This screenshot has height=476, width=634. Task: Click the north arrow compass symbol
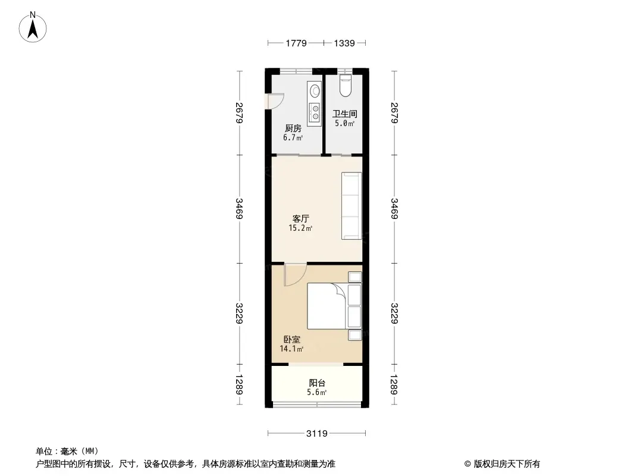[33, 27]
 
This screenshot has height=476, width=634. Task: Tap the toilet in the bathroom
[346, 85]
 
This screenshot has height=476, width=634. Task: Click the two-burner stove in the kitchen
[314, 113]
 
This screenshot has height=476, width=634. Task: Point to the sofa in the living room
[351, 206]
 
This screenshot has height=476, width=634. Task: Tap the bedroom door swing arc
[296, 275]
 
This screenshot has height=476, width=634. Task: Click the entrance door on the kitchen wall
[275, 101]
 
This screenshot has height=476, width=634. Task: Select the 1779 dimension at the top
[296, 43]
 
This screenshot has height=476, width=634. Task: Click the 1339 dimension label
[344, 43]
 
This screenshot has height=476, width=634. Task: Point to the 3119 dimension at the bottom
[316, 434]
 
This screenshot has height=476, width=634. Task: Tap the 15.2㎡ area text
[300, 228]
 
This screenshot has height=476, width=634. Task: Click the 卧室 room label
[291, 339]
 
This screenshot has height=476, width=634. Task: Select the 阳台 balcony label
[317, 383]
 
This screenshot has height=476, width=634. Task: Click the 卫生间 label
[344, 114]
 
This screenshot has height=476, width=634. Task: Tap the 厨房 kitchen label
[293, 128]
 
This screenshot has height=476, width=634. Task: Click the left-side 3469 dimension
[239, 209]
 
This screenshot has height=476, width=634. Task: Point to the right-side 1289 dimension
[394, 384]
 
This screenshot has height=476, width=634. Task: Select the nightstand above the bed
[355, 277]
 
